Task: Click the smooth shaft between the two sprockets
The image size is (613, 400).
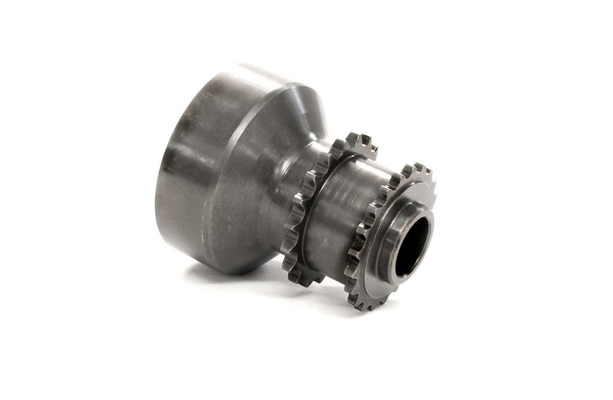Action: click(345, 200)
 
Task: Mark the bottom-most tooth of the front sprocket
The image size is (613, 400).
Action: click(367, 305)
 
